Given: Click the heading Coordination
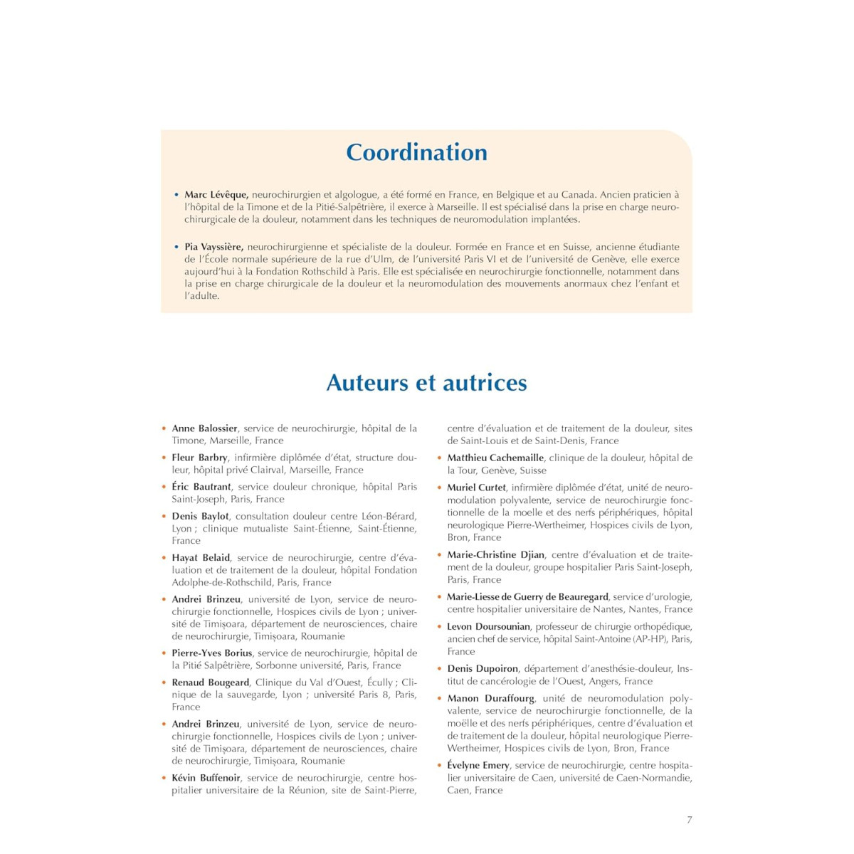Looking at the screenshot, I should [416, 152].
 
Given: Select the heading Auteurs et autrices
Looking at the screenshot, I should [426, 383].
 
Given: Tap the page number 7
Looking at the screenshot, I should [689, 820].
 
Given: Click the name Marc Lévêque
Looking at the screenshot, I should [216, 194].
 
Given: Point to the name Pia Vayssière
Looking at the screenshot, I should [213, 247].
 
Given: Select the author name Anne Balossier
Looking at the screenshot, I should [205, 428].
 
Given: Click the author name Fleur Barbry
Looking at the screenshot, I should [200, 458].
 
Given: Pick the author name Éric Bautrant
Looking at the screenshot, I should [202, 487].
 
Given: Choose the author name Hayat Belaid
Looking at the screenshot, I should [201, 558].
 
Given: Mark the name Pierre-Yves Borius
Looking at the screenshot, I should [212, 653].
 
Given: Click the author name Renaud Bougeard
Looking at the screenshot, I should [211, 682].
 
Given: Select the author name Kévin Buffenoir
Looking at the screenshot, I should [206, 778].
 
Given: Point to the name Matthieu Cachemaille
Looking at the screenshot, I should [495, 458].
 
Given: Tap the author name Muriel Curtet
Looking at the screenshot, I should [477, 487].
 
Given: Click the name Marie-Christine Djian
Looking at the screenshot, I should [496, 554].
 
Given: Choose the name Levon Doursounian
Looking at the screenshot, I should [489, 626].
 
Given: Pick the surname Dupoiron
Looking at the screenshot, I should [497, 669].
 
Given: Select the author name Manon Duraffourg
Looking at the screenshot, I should [491, 698].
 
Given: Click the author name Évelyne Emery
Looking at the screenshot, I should [478, 765].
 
